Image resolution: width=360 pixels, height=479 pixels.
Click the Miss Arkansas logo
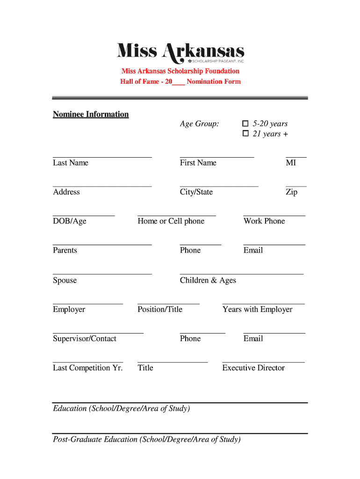click(x=180, y=52)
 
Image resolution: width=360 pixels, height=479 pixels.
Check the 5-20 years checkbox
click(x=245, y=124)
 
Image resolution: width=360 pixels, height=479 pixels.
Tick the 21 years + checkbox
click(x=245, y=134)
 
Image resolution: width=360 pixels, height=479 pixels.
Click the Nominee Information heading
click(x=91, y=115)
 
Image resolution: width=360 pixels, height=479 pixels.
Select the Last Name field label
click(x=71, y=163)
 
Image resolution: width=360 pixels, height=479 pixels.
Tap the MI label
click(x=291, y=163)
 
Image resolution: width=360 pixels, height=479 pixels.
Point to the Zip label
click(x=291, y=192)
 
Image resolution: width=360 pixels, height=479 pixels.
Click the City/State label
click(x=196, y=192)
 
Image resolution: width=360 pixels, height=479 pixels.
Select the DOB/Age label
click(x=70, y=221)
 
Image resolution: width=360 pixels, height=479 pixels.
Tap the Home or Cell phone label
click(x=171, y=221)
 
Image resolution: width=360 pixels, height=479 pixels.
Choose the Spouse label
click(x=65, y=281)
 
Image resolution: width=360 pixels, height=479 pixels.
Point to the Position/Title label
click(x=160, y=310)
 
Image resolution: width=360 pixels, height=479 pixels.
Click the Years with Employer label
click(x=258, y=310)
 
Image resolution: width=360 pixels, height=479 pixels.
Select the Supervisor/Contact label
click(x=85, y=339)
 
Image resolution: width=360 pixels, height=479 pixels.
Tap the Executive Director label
click(x=253, y=368)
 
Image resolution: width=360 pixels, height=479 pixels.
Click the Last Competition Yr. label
click(x=88, y=368)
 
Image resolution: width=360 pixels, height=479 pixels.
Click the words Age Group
click(x=200, y=124)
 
